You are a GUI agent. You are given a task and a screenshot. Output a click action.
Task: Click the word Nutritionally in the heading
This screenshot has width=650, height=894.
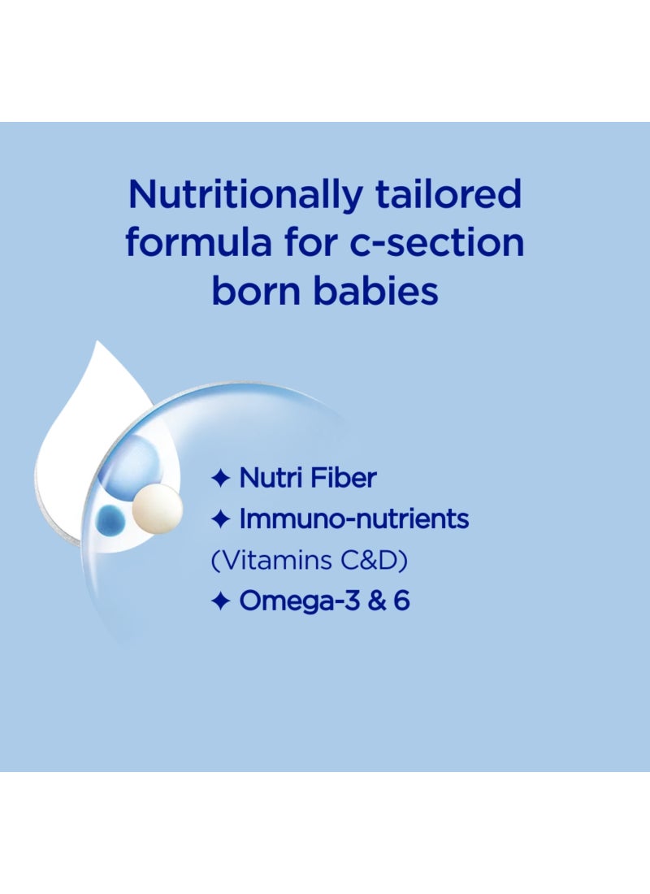point(245,195)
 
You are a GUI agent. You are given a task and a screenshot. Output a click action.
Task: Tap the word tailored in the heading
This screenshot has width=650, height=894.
point(448,193)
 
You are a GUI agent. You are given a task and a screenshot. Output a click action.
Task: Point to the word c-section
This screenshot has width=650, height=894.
point(436,244)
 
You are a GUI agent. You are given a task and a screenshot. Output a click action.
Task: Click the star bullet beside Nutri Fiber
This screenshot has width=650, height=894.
point(221,478)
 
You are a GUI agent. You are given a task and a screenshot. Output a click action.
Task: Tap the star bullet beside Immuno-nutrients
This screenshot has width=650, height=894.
point(221,519)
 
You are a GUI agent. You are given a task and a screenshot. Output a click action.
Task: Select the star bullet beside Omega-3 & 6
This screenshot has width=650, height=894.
point(221,601)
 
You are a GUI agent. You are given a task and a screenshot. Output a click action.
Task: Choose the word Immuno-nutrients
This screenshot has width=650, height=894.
point(354,519)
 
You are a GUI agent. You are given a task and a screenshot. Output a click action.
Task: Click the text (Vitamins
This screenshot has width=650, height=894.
point(271,560)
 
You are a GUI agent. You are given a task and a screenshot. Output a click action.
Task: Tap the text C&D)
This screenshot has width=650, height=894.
point(374,560)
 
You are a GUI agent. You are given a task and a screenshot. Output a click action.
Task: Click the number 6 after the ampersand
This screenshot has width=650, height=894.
point(401,601)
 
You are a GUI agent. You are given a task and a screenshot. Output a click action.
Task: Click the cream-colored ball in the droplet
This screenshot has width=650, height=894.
point(157,509)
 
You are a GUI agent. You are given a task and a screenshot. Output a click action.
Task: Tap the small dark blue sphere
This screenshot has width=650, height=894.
point(110,520)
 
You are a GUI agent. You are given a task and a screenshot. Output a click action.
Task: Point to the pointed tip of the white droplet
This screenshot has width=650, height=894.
point(98,341)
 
